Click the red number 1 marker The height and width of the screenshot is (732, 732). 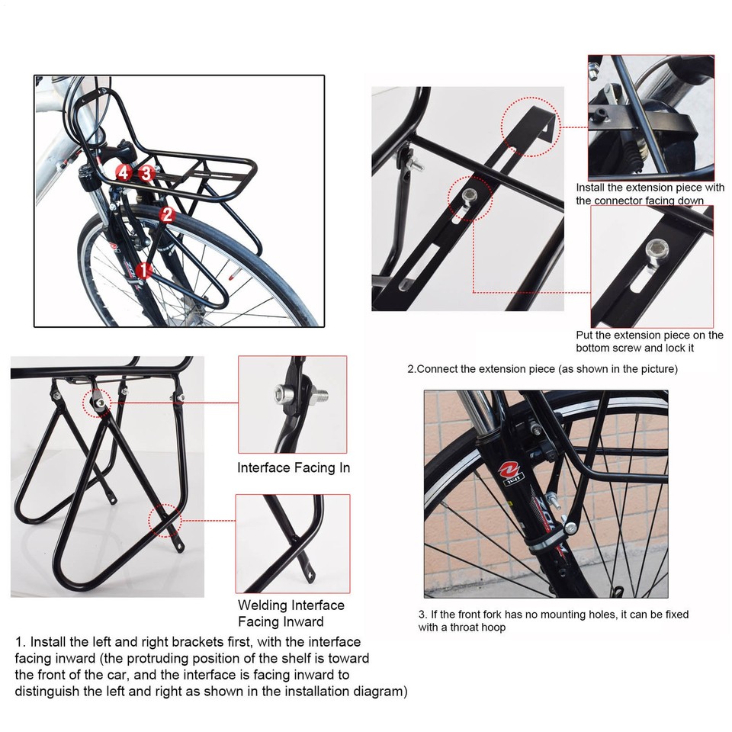click(145, 269)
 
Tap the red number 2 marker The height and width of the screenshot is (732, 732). click(168, 216)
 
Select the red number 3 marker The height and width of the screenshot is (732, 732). click(147, 173)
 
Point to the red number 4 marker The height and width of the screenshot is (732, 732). click(124, 172)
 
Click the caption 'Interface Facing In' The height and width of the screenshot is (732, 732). click(294, 467)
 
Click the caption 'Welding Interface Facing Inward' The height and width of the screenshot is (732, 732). click(291, 613)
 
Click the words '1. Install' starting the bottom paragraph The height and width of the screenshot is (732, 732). click(43, 642)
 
